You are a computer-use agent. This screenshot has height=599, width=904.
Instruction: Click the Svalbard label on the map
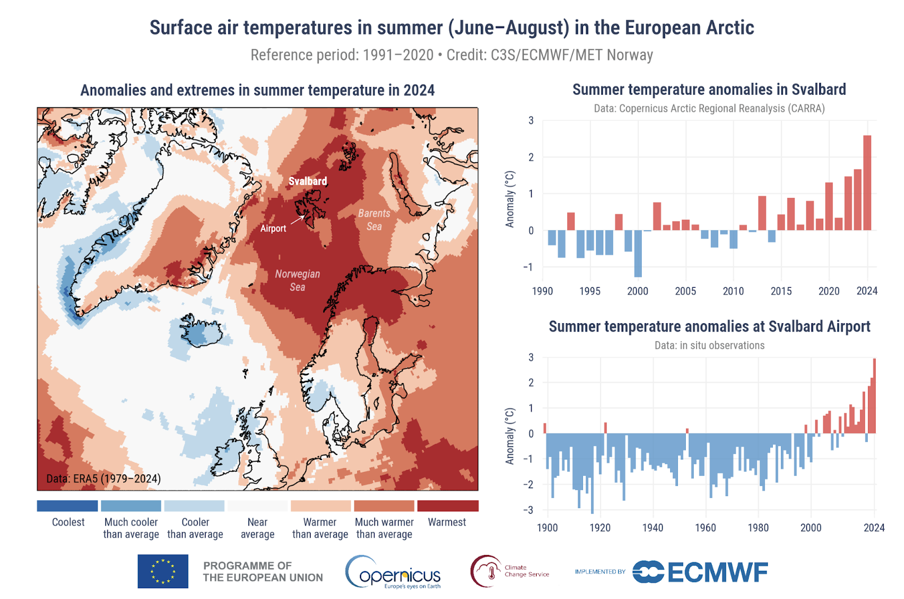tap(307, 181)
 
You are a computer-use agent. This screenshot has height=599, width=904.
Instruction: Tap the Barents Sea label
tap(374, 220)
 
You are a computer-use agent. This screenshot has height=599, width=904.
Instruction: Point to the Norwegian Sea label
tap(298, 280)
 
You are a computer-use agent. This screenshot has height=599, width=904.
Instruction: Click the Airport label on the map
tap(273, 228)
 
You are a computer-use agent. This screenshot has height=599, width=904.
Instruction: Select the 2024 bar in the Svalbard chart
tap(867, 183)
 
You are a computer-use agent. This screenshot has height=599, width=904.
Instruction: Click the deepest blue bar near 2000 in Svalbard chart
tap(638, 254)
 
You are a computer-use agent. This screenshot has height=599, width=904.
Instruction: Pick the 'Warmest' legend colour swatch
tap(447, 506)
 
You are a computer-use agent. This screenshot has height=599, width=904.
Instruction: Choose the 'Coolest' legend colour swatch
tap(67, 506)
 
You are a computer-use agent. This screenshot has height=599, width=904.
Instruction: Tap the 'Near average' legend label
tap(258, 528)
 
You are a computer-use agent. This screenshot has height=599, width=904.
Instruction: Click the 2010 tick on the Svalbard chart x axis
tap(733, 291)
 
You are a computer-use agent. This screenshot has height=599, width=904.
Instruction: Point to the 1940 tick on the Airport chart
tap(653, 528)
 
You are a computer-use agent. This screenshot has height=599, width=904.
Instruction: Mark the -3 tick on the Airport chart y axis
tap(531, 510)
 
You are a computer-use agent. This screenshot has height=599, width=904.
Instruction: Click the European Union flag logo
tap(163, 571)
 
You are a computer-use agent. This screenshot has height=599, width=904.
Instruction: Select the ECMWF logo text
tap(718, 572)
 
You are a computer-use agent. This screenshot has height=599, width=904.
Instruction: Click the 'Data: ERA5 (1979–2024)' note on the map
tap(103, 479)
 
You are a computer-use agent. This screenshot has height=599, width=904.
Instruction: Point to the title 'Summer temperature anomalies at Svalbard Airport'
tap(709, 327)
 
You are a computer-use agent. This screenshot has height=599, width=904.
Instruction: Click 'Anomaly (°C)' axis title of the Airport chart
tap(510, 436)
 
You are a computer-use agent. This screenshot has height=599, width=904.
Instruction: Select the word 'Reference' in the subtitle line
tap(275, 55)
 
